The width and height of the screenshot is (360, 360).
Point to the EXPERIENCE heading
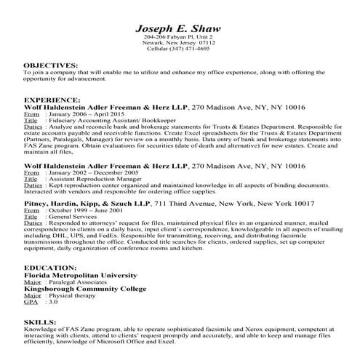[49, 97]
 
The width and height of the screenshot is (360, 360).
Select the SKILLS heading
[37, 321]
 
